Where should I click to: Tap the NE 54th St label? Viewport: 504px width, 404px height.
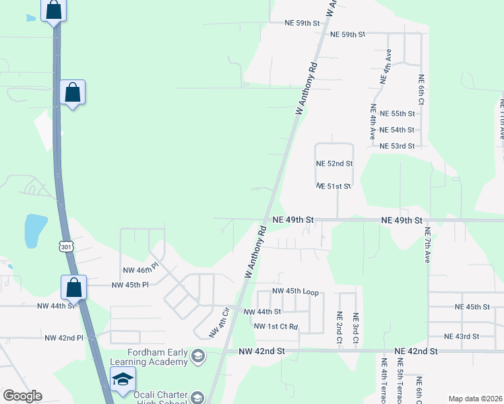pos(397,130)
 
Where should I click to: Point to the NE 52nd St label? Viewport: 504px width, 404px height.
pos(334,164)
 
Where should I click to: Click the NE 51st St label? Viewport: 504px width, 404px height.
pos(334,187)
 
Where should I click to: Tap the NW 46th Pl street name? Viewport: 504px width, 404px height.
pos(139,270)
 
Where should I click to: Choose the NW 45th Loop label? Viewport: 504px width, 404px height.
pos(294,292)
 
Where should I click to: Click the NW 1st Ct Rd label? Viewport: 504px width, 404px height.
pos(276,327)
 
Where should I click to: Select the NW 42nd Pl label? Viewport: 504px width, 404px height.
pos(63,338)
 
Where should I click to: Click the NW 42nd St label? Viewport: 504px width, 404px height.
pos(262,351)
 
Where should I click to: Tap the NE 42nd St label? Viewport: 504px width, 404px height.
pos(416,351)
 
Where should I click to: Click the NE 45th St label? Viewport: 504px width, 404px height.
pos(472,307)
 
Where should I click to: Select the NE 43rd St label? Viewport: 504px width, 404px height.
pos(462,336)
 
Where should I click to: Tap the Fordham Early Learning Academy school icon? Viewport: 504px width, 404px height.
pos(198,356)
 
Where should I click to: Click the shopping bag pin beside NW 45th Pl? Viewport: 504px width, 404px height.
pos(73,288)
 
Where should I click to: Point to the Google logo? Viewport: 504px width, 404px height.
pos(22,396)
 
